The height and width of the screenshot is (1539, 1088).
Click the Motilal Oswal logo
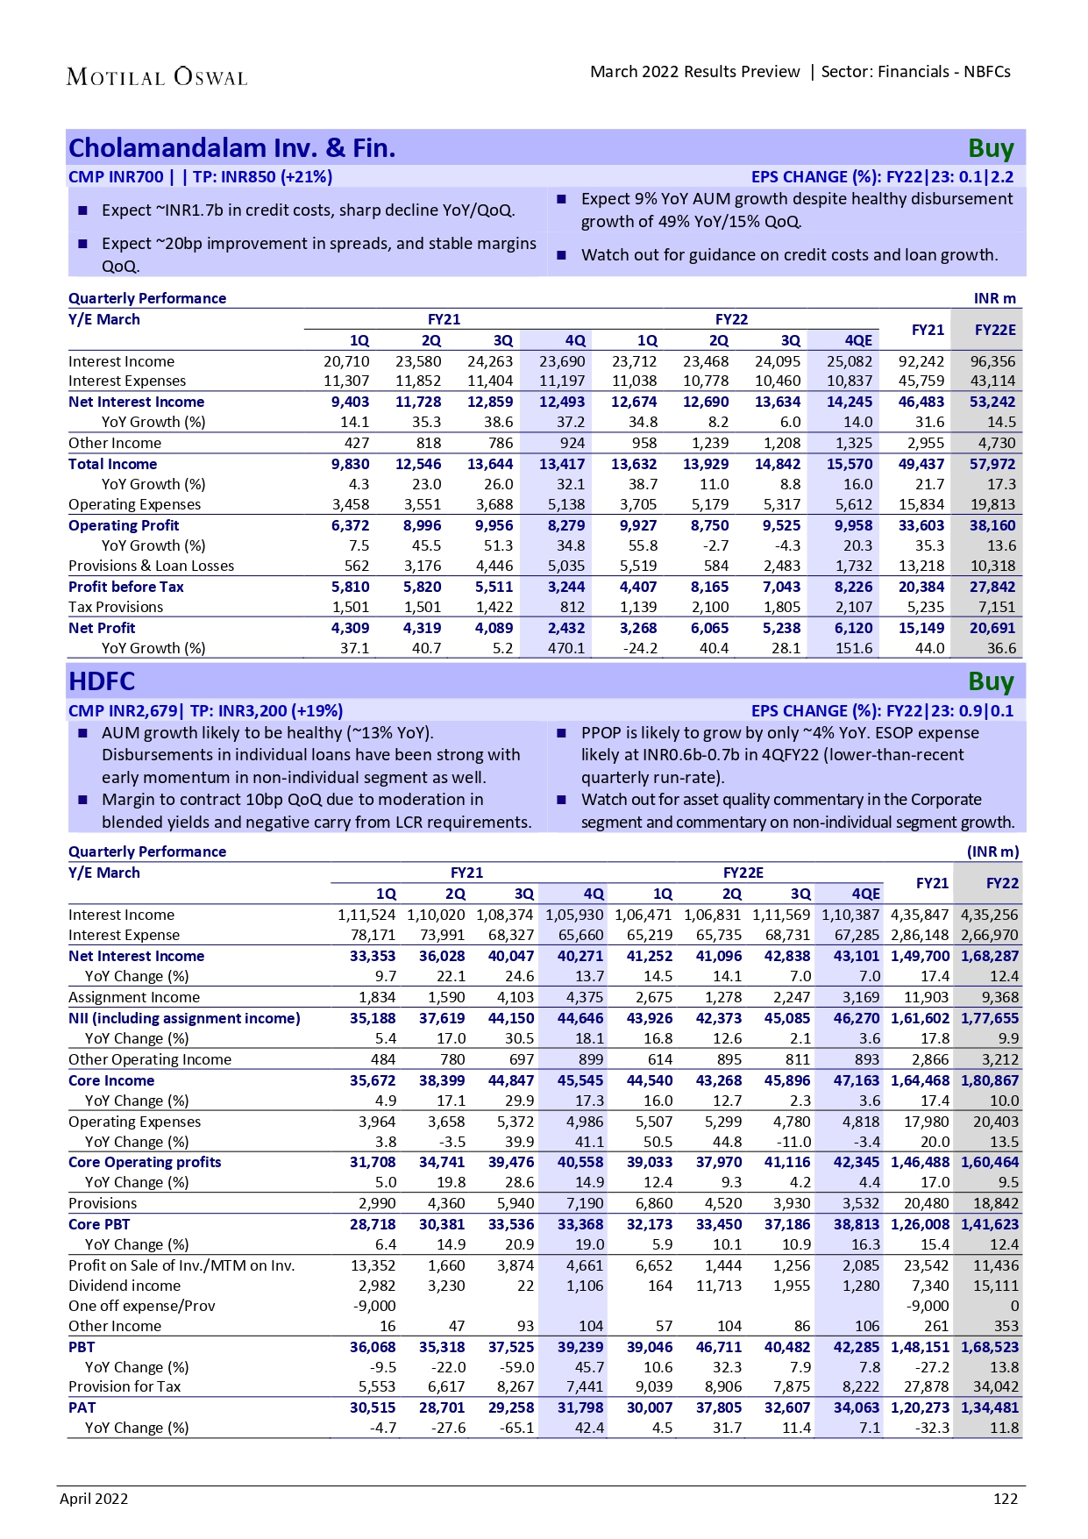point(157,77)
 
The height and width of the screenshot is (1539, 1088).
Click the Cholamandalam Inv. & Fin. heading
point(232,148)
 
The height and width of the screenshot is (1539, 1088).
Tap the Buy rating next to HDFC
point(991,681)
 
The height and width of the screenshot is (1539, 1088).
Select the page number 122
point(1006,1499)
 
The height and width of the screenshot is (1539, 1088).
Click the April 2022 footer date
point(94,1499)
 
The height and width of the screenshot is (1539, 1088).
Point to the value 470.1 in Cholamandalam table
point(566,648)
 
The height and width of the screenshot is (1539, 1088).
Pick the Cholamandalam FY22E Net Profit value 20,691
point(992,628)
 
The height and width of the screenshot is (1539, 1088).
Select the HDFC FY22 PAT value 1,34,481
point(990,1407)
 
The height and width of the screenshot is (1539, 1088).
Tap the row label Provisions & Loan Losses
point(152,566)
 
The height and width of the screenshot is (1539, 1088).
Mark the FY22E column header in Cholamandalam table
point(995,330)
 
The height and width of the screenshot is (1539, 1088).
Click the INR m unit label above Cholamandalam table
point(995,298)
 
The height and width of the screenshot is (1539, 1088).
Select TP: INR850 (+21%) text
point(262,176)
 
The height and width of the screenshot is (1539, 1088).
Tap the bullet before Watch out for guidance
point(562,255)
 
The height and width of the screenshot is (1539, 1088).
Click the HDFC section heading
point(102,681)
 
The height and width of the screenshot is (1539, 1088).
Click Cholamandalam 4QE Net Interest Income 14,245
point(850,402)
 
